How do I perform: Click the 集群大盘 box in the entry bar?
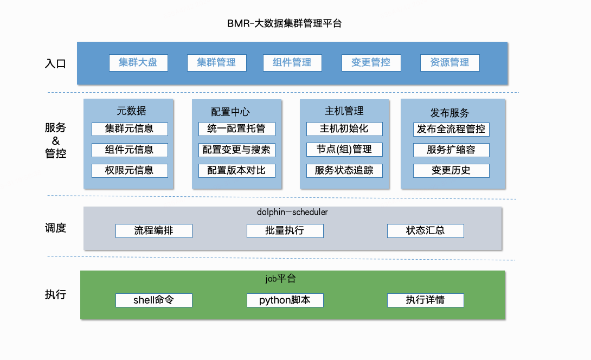[138, 62]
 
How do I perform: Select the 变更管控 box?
[371, 62]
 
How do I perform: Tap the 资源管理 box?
[449, 62]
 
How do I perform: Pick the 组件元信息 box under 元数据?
[130, 150]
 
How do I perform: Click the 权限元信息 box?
[130, 170]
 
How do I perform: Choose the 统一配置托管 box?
[237, 129]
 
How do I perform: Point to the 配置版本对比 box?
[237, 170]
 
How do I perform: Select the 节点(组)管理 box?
[344, 150]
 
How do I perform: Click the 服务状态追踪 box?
[344, 170]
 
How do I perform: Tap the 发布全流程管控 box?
[451, 129]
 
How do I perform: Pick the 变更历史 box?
[451, 170]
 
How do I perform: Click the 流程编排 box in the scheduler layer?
[154, 231]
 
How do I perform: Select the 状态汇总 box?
[426, 231]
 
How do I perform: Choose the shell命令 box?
[154, 300]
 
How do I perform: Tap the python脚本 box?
[285, 300]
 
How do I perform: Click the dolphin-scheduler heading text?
[292, 212]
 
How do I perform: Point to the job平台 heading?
[281, 279]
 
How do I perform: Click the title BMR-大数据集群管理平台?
[284, 23]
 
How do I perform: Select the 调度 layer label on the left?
[55, 228]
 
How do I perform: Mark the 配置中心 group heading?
[230, 112]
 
